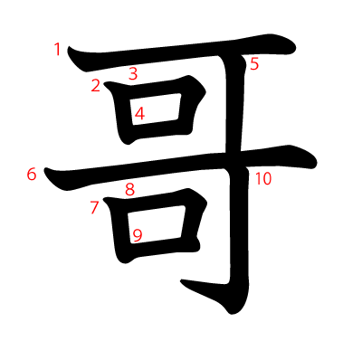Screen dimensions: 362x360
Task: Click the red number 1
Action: click(58, 50)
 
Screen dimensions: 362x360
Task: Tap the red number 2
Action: click(95, 86)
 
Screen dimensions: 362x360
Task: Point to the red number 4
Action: click(139, 115)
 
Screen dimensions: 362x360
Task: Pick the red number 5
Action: click(254, 64)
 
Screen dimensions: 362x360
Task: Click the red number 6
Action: click(32, 174)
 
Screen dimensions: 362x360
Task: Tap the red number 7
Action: click(94, 208)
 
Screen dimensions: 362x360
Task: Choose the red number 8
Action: click(129, 189)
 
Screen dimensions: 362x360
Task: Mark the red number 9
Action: click(138, 236)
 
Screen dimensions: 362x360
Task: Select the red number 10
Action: click(262, 179)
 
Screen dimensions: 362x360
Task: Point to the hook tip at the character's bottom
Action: click(186, 287)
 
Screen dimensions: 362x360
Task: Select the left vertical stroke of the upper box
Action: click(123, 113)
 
